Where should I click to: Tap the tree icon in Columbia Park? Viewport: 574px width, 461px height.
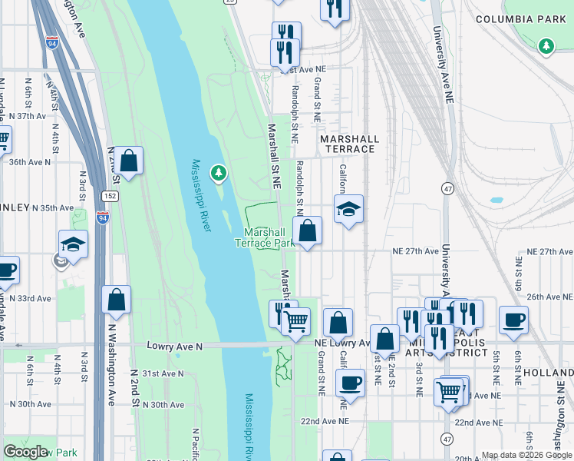click(x=546, y=47)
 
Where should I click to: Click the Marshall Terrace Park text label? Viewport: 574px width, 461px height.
click(x=265, y=237)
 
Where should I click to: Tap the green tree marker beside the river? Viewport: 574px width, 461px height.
click(x=219, y=174)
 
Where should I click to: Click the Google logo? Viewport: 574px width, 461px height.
click(x=25, y=452)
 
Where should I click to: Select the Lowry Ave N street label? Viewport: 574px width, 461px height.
click(x=174, y=347)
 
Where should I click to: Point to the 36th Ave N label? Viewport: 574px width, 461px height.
click(x=30, y=162)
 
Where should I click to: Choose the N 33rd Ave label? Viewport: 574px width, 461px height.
click(x=25, y=298)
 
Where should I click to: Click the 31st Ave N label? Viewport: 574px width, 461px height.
click(x=164, y=373)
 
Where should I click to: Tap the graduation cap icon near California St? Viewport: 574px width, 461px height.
click(x=348, y=209)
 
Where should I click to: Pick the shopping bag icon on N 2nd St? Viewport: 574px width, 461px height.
click(x=129, y=161)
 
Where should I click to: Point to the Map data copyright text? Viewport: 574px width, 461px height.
click(x=526, y=455)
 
